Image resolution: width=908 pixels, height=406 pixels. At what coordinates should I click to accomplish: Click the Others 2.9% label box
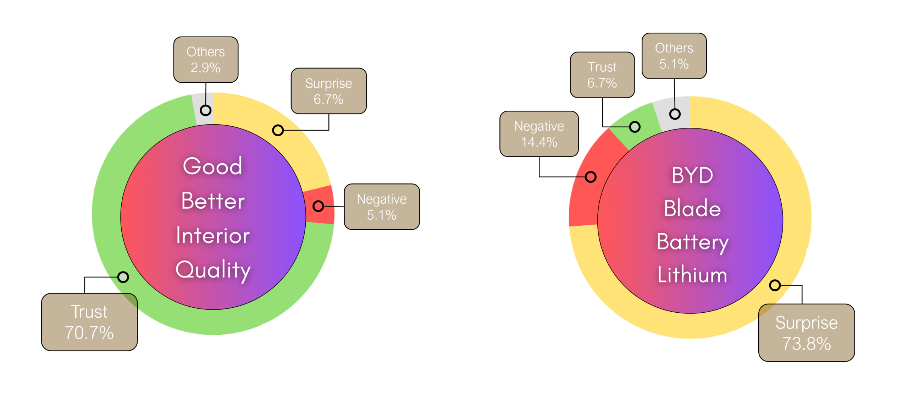click(206, 60)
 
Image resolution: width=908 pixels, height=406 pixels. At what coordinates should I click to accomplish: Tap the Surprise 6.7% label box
click(328, 91)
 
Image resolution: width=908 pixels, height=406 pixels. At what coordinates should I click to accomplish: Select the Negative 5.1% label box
click(382, 207)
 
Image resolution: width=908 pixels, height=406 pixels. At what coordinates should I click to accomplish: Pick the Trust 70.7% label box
click(89, 322)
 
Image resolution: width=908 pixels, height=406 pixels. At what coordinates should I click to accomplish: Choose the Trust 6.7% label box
click(602, 75)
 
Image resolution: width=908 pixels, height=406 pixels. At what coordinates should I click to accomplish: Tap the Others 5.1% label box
click(674, 56)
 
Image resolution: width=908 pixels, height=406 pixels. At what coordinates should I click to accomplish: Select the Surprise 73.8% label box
click(807, 333)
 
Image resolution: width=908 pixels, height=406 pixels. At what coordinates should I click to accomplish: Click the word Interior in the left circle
click(213, 236)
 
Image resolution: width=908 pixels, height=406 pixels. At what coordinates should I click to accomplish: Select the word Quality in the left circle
click(213, 270)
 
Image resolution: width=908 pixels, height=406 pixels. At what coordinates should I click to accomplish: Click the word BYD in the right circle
click(692, 175)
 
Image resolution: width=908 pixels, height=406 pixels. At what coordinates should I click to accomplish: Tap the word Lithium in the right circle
click(692, 275)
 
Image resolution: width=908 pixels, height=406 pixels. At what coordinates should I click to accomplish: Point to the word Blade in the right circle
click(692, 208)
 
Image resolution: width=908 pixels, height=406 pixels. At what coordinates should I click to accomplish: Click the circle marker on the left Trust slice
click(123, 277)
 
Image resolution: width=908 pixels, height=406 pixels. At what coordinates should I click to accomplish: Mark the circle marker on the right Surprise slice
click(775, 285)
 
